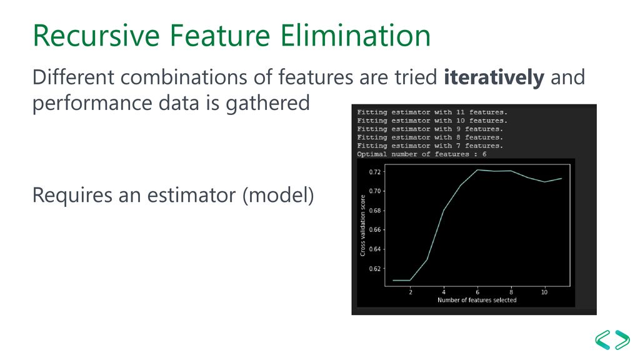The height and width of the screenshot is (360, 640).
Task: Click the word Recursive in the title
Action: click(x=96, y=36)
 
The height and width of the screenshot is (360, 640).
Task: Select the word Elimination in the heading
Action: click(x=355, y=36)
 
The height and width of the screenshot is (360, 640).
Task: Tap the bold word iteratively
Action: click(x=494, y=77)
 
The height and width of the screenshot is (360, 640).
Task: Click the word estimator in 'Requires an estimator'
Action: click(x=191, y=195)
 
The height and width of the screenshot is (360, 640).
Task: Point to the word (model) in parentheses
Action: click(x=278, y=195)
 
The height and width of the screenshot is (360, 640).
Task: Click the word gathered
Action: click(x=267, y=103)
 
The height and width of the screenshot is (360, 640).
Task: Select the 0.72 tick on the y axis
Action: click(x=375, y=172)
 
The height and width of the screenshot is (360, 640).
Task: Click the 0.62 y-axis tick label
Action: click(x=375, y=269)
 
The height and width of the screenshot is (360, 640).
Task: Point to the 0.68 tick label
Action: click(x=375, y=211)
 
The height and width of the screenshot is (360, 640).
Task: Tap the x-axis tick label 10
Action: click(x=544, y=292)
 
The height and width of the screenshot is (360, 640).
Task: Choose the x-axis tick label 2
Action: click(x=411, y=292)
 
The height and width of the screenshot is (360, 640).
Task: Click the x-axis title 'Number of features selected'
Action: click(x=477, y=300)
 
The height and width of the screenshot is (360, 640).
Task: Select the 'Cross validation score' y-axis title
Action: click(x=362, y=225)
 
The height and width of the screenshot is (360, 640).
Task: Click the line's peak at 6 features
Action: click(x=477, y=170)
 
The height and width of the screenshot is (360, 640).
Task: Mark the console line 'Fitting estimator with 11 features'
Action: click(x=432, y=112)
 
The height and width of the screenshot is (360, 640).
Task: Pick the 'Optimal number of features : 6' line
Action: click(x=422, y=154)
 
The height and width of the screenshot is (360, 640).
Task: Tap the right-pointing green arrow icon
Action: click(x=622, y=339)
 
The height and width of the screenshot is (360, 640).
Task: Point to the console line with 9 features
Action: click(x=430, y=129)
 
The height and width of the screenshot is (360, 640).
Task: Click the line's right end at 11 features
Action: click(x=562, y=178)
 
